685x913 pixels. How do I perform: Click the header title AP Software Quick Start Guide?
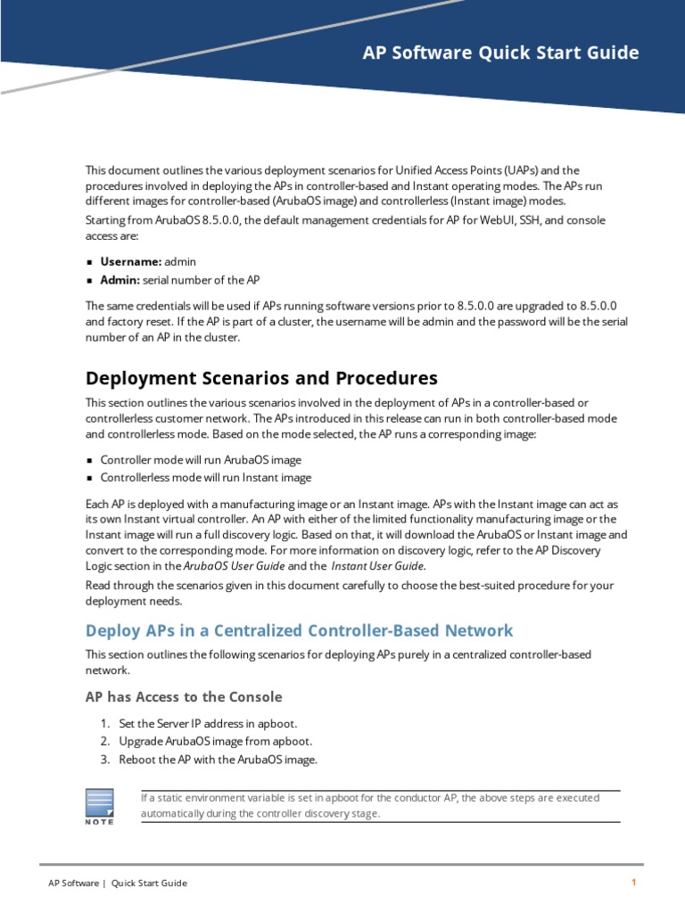tap(500, 53)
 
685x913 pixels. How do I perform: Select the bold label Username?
tap(131, 261)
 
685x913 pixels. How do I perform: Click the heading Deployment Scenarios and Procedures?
tap(261, 377)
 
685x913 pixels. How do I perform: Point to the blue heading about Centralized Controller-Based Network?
tap(299, 630)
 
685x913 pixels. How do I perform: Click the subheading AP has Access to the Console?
tap(184, 696)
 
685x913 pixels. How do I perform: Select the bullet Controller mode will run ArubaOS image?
tap(201, 460)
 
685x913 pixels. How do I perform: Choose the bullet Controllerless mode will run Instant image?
tap(206, 478)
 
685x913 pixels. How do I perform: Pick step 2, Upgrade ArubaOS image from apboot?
tap(215, 741)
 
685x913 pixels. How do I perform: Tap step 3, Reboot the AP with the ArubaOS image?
tap(218, 760)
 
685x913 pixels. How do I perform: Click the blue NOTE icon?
tap(99, 805)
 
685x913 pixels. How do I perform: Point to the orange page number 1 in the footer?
tap(633, 883)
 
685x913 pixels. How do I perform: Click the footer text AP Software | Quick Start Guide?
tap(118, 883)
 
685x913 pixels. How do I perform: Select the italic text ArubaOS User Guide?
tap(234, 565)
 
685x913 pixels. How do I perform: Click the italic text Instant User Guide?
tap(378, 565)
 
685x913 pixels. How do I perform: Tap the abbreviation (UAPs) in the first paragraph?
tap(518, 170)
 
